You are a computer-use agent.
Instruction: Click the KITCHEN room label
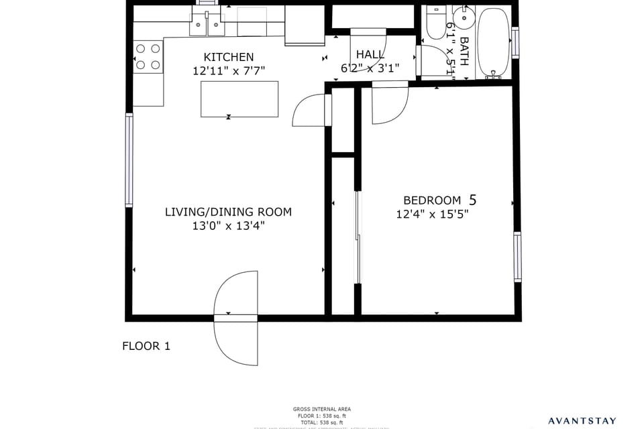click(x=229, y=57)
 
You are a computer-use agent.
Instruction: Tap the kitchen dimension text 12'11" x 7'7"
click(x=229, y=70)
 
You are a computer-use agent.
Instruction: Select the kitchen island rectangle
click(x=239, y=99)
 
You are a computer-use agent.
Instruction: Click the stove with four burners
click(x=148, y=56)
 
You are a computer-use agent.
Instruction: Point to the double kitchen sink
click(x=206, y=25)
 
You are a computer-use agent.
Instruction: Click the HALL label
click(x=370, y=54)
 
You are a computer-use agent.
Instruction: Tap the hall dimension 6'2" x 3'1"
click(x=370, y=68)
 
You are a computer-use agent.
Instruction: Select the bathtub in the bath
click(x=494, y=43)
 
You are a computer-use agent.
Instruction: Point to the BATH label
click(x=464, y=50)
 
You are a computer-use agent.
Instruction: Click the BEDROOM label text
click(x=432, y=200)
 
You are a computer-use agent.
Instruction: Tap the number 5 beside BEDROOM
click(x=473, y=199)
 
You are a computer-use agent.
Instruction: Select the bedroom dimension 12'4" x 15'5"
click(x=432, y=214)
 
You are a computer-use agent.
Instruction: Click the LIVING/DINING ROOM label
click(x=228, y=212)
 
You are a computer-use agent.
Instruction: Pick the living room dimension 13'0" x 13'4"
click(x=228, y=226)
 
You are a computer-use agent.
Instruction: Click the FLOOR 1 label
click(x=146, y=346)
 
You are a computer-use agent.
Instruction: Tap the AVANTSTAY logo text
click(x=582, y=421)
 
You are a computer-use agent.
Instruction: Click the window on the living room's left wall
click(x=129, y=160)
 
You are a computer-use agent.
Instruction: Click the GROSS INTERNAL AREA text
click(x=322, y=409)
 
